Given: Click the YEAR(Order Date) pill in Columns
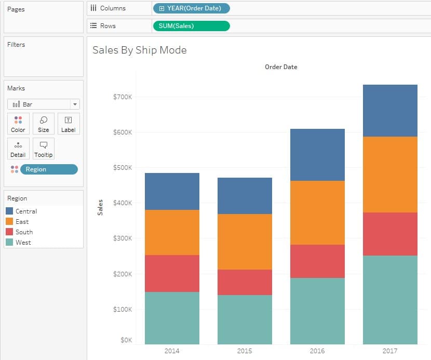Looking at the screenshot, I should (x=191, y=8).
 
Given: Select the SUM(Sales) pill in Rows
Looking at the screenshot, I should (x=191, y=26).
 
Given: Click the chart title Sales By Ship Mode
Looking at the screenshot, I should (x=139, y=50).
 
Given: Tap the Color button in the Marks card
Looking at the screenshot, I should (x=18, y=124).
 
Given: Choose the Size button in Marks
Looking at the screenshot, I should (x=44, y=124).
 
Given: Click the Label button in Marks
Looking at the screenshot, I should (x=68, y=124).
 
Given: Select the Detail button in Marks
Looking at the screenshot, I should (x=18, y=149).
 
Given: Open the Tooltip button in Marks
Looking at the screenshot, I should (x=44, y=149).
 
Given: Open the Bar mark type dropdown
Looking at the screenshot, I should (x=44, y=104).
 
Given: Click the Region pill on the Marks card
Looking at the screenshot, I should (x=48, y=169).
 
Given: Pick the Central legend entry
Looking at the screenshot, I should (x=26, y=211).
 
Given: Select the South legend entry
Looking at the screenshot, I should (x=24, y=232).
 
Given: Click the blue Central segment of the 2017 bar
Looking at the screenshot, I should (x=390, y=111).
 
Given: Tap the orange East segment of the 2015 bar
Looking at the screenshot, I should (x=245, y=242).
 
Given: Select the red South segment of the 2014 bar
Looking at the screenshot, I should (x=172, y=273).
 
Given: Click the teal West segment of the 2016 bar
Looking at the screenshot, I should (x=317, y=311).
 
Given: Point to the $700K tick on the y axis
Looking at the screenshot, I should (x=123, y=97).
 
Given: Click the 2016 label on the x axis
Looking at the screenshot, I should (x=317, y=351).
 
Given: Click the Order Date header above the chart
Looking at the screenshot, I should (x=281, y=67).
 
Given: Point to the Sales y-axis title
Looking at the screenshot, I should (x=100, y=207).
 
